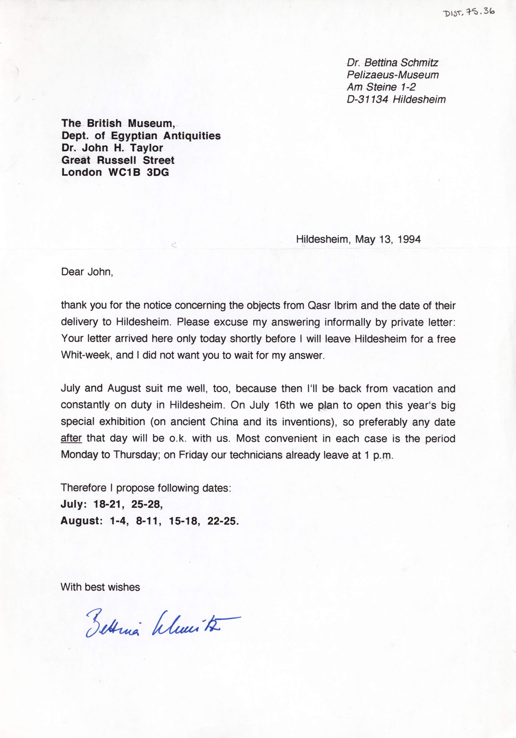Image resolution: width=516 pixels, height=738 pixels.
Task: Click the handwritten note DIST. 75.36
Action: [x=469, y=12]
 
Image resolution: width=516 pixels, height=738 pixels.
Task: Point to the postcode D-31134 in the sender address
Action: [x=367, y=99]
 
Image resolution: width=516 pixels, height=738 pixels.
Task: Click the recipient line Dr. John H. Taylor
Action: [x=112, y=148]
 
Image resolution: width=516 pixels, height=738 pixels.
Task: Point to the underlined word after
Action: [x=71, y=438]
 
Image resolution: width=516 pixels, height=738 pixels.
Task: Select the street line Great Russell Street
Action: [x=118, y=160]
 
